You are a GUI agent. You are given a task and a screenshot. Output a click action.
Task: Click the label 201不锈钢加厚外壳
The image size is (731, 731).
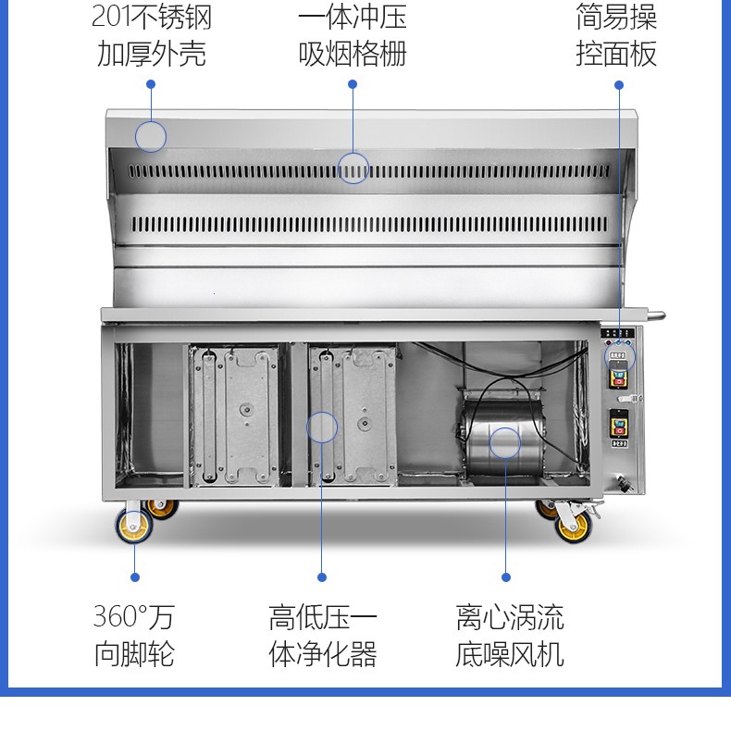pos(152,35)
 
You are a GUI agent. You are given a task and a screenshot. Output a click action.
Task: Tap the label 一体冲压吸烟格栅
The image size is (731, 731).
pos(353,35)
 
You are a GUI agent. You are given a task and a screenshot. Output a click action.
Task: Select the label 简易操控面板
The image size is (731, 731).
pos(616,35)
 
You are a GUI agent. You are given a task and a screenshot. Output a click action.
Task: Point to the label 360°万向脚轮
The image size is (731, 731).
pos(134,635)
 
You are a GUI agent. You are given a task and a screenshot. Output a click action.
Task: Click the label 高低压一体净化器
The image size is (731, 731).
pos(323,635)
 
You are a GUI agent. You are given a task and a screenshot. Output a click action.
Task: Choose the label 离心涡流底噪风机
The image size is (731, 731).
pos(510,635)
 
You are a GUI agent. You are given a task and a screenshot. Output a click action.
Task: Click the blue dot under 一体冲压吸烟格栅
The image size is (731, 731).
pos(353,84)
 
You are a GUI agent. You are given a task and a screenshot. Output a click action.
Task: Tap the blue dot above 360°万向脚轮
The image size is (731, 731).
pos(135,577)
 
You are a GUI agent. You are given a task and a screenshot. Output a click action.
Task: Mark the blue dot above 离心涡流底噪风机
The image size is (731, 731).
pos(506,577)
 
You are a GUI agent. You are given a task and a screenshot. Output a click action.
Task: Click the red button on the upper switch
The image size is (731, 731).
pos(619,382)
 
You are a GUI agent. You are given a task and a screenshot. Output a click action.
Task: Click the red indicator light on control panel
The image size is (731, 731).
pos(608,343)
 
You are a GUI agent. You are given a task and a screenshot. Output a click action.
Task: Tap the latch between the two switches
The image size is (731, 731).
pos(630,399)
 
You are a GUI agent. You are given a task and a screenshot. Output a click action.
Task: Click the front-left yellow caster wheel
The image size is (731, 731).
pos(134,526)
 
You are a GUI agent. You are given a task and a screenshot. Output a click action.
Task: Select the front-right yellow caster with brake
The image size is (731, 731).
pos(574,525)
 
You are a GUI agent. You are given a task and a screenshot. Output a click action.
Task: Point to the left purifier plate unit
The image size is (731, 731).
pos(234,415)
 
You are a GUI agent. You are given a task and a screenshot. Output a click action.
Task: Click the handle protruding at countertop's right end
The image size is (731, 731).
pos(656,316)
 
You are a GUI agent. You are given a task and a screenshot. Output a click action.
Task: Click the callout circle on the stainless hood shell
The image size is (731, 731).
pos(151,137)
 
